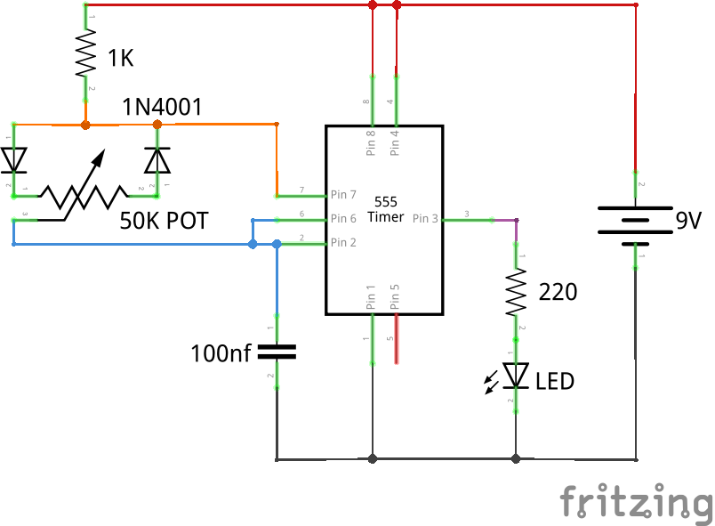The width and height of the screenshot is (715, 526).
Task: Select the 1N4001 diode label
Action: click(163, 108)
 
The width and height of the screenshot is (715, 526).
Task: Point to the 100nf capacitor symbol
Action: click(277, 352)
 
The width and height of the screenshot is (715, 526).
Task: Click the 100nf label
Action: click(221, 354)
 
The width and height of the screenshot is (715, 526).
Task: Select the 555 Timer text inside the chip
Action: click(386, 209)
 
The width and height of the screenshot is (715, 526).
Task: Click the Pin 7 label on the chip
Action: click(343, 194)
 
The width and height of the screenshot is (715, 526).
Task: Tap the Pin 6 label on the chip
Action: click(343, 218)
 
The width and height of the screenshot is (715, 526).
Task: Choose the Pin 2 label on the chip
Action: click(343, 242)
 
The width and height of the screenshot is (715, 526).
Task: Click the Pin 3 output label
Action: click(424, 218)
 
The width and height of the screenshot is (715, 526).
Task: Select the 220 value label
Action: click(558, 291)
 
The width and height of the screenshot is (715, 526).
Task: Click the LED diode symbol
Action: click(515, 375)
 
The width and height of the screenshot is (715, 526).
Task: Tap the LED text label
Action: click(555, 382)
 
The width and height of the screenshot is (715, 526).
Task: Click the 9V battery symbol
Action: click(635, 221)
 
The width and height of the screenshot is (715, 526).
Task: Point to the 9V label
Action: click(688, 221)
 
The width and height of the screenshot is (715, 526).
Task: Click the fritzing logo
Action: click(636, 501)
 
